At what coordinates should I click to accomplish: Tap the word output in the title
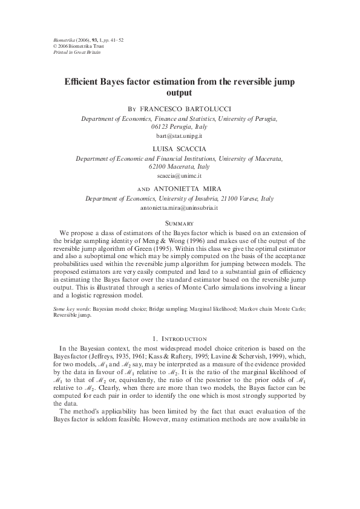coord(180,94)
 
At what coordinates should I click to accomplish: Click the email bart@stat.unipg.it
coord(180,137)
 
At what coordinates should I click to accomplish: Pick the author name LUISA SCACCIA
coord(180,148)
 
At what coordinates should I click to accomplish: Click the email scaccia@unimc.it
coord(180,176)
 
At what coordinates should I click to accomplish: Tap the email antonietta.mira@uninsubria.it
coord(180,207)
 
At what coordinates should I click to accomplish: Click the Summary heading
coord(180,222)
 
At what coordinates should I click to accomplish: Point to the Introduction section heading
coord(180,339)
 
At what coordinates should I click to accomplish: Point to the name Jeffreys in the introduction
coord(106,357)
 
